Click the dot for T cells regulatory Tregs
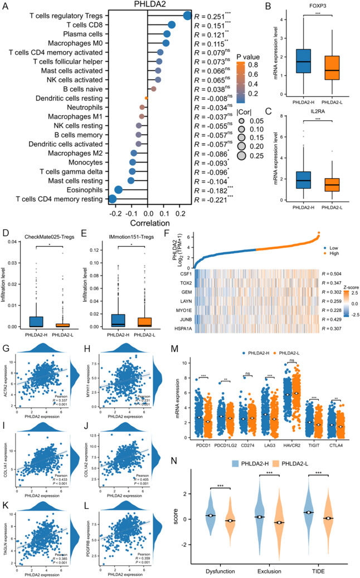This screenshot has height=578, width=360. pyautogui.click(x=187, y=14)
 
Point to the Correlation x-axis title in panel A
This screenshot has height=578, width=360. pyautogui.click(x=148, y=225)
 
